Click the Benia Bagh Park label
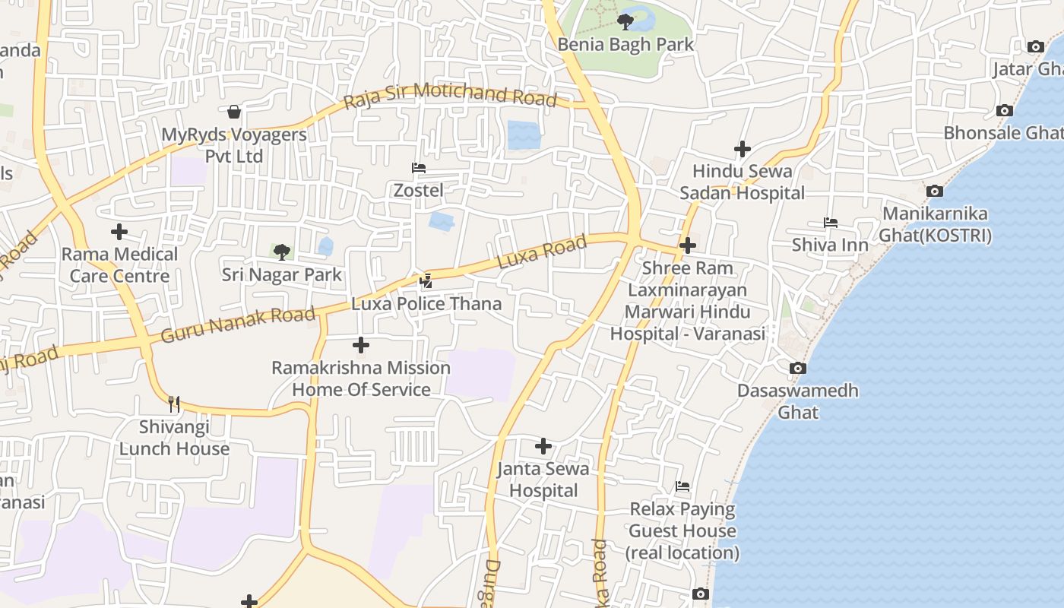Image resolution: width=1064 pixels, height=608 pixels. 625,45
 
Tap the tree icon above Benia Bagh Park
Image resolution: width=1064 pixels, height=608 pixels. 625,21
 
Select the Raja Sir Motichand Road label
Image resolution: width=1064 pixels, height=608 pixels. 450,97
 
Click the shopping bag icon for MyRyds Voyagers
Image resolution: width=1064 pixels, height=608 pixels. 234,112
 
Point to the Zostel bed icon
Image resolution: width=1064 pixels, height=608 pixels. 418,168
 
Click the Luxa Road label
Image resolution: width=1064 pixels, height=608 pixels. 542,252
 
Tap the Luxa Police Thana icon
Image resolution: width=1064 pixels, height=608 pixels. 426,281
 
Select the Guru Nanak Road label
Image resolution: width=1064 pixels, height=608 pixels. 238,325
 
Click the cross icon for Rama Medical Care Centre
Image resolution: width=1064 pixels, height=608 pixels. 119,231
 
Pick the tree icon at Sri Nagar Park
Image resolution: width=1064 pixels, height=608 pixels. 282,252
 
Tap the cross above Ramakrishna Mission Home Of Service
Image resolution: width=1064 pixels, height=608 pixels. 361,345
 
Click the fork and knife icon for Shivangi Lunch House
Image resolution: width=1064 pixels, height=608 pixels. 174,404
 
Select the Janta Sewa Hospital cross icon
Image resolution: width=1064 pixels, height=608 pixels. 543,446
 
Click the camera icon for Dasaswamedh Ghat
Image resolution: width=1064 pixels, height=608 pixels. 797,368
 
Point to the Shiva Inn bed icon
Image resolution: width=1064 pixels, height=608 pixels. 830,223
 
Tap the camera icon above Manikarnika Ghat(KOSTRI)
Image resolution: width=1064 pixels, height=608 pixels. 935,191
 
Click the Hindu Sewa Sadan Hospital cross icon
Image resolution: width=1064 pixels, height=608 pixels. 742,149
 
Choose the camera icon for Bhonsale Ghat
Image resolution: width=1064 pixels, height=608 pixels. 1004,110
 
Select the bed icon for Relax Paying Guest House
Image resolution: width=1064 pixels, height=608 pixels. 682,486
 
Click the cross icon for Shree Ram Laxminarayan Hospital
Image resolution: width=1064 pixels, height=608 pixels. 687,245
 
